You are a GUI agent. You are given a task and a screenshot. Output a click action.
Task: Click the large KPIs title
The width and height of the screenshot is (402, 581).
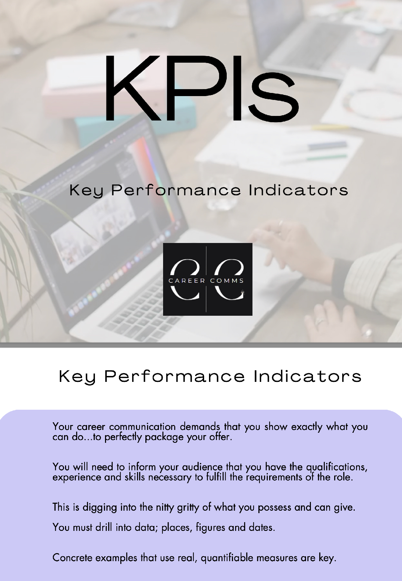pos(201,88)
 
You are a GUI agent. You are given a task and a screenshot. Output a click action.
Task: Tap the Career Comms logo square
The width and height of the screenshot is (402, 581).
pos(208,279)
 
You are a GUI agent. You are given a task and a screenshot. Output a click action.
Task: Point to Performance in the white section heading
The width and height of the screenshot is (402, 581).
pos(175,377)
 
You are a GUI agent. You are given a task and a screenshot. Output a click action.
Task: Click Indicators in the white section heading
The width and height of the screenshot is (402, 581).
pos(307,377)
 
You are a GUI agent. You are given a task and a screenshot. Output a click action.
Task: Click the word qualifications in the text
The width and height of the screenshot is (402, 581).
pos(337,468)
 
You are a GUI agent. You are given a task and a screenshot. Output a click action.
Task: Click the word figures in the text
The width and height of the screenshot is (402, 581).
pos(210,528)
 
